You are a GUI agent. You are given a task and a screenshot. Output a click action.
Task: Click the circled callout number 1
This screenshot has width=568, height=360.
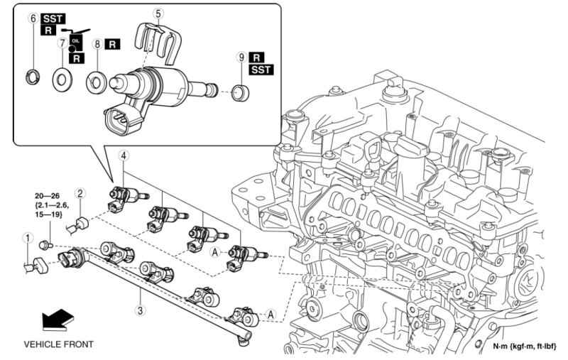(x=27, y=238)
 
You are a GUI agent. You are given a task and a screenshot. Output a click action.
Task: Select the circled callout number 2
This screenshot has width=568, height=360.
(x=81, y=192)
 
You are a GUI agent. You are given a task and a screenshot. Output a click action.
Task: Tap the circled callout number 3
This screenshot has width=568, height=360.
(x=141, y=310)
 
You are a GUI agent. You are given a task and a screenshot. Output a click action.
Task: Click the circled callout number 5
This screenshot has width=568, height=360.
(x=158, y=12)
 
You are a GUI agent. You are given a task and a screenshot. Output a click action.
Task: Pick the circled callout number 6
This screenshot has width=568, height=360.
(x=33, y=18)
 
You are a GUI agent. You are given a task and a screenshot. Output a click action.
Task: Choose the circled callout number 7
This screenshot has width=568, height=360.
(x=62, y=43)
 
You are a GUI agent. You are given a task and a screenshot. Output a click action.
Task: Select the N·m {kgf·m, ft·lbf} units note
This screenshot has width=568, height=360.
(x=525, y=347)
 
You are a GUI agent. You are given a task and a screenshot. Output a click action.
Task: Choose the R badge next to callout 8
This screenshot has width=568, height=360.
(x=113, y=43)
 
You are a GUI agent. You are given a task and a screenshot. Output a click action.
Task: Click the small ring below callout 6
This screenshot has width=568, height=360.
(x=33, y=73)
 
